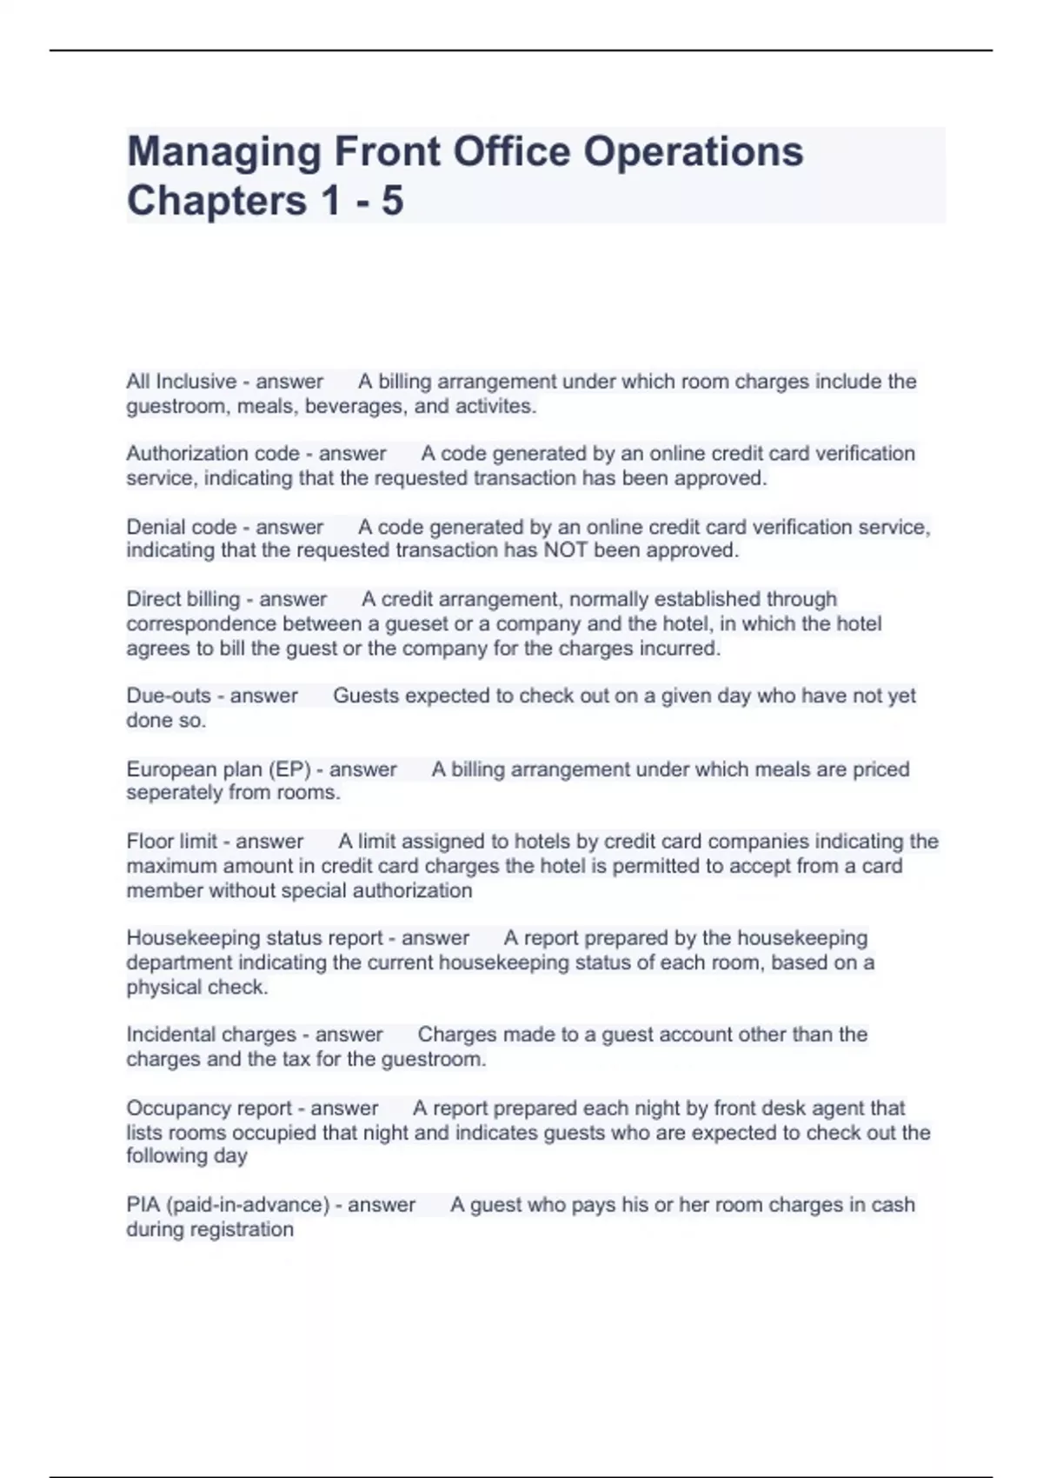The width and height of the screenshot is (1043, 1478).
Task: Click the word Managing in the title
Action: [223, 152]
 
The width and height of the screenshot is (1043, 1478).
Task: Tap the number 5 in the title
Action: [392, 201]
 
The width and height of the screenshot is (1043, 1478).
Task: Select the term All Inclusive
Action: [181, 382]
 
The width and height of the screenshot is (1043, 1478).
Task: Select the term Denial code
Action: [181, 527]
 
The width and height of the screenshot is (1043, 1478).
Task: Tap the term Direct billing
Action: [183, 599]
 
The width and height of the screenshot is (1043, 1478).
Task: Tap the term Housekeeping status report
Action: [254, 938]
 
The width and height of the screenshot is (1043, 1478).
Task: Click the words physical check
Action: [196, 988]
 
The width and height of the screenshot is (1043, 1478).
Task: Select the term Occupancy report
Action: [209, 1108]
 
